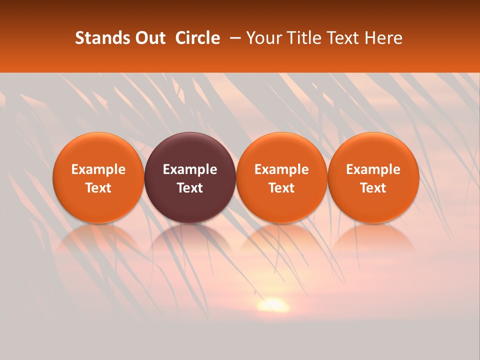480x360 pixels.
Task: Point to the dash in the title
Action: [233, 38]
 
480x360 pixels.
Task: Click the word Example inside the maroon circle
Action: [190, 169]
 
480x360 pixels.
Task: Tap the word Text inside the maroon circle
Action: [190, 188]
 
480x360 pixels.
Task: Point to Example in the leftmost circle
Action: [98, 169]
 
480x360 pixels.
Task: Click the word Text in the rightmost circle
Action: [373, 188]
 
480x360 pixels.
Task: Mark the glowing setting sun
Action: [273, 304]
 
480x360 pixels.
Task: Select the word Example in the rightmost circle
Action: [373, 169]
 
